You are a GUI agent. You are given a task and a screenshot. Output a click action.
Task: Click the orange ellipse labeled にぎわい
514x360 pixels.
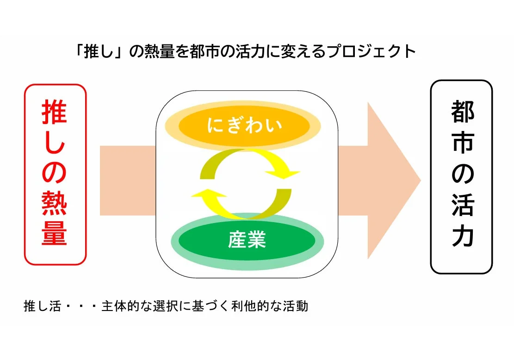click(x=244, y=125)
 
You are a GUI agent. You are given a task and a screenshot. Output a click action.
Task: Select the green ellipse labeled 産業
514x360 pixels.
click(x=247, y=241)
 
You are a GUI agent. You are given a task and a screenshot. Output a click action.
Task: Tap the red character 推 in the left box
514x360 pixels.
click(x=55, y=112)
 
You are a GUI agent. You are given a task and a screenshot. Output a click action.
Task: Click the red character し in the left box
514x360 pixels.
click(x=55, y=143)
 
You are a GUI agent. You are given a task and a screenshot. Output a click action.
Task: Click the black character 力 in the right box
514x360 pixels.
click(x=462, y=235)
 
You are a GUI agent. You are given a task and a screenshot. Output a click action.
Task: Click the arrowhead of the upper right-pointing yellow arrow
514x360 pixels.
click(x=288, y=174)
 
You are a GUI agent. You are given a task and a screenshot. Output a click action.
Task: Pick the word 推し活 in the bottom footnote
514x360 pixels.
click(x=42, y=306)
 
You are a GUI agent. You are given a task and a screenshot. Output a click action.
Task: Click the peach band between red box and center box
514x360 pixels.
click(x=127, y=180)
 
